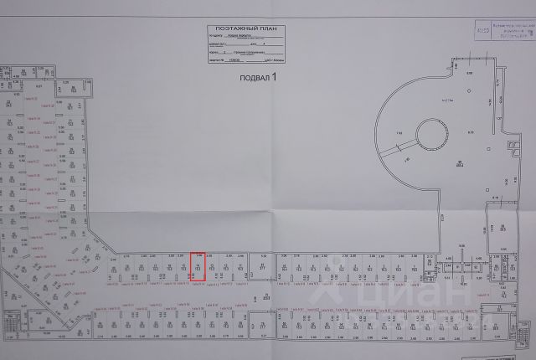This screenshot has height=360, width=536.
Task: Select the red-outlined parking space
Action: pos(198,266)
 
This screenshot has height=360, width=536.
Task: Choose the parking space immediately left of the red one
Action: pos(184,267)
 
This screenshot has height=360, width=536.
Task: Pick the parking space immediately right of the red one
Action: pos(213,267)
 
